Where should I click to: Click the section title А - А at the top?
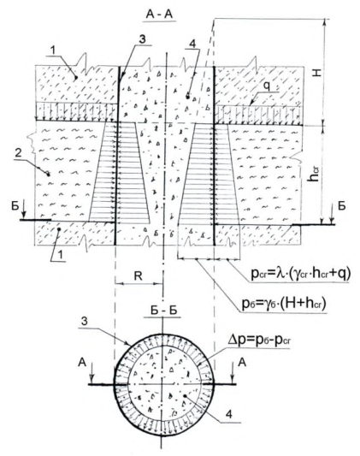click(x=160, y=14)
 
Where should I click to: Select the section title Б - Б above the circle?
click(x=164, y=311)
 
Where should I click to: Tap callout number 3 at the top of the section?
click(x=142, y=39)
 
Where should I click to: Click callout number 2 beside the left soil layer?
click(x=18, y=153)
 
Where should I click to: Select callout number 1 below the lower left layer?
click(x=60, y=255)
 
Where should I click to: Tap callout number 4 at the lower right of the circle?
click(x=229, y=414)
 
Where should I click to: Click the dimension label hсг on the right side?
click(x=314, y=174)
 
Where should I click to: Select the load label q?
click(x=268, y=86)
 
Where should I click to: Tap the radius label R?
click(x=139, y=275)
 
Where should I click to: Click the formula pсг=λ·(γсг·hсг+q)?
click(x=301, y=275)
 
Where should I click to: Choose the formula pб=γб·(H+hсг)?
click(x=284, y=304)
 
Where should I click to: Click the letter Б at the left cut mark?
click(x=15, y=206)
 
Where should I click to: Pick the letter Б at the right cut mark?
click(x=342, y=205)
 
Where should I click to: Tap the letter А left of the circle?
click(x=83, y=363)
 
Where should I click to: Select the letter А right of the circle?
click(x=242, y=363)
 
